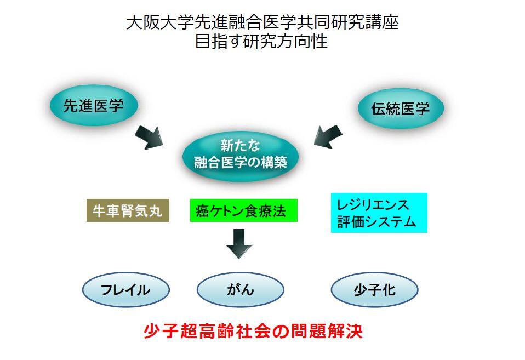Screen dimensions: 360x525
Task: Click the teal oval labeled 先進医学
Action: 94,106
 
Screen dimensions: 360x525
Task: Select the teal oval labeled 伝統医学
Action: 401,108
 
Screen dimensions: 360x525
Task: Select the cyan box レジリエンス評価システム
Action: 379,213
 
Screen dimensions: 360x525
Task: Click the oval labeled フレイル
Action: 125,289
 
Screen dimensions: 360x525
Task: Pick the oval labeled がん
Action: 240,289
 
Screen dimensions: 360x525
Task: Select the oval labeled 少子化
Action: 375,289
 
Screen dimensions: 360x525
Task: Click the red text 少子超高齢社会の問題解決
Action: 253,332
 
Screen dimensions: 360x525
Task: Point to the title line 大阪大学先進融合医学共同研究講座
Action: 262,23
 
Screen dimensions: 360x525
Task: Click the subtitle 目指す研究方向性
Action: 261,42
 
